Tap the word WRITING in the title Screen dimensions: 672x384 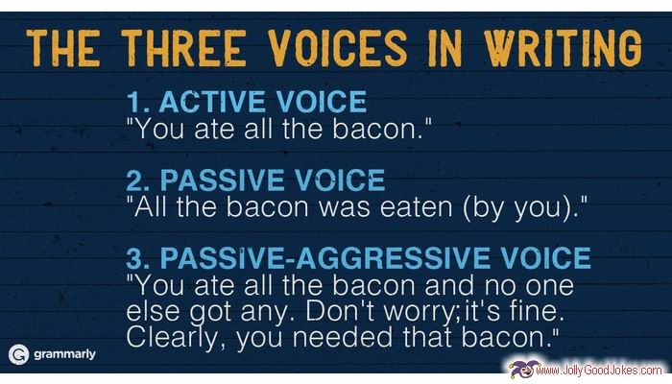tap(564, 48)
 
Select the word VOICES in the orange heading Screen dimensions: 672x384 tap(338, 48)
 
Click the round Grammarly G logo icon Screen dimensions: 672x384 tap(18, 354)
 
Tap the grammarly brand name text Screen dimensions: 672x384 tap(64, 355)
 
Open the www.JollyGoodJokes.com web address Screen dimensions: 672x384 tap(599, 370)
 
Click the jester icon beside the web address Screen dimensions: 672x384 tap(522, 369)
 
